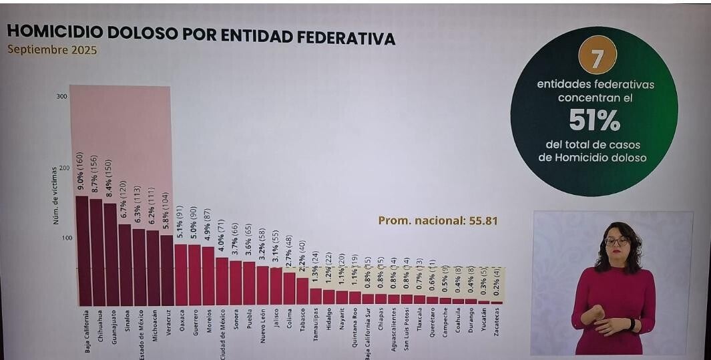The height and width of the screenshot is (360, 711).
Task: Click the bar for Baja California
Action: [83, 250]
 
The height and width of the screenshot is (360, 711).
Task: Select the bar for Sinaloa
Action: [125, 264]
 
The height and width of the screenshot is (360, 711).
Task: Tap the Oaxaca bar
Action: [180, 274]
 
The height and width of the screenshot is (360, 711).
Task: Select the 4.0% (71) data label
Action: [221, 237]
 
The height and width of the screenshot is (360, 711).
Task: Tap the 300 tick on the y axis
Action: [61, 98]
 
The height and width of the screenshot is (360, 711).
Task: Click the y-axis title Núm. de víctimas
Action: [57, 196]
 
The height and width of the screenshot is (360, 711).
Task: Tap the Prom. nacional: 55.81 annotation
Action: [438, 220]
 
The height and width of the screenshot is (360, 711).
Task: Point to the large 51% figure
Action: [594, 121]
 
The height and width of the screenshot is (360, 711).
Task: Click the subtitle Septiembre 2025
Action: [52, 51]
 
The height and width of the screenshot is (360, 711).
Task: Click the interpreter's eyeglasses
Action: [616, 241]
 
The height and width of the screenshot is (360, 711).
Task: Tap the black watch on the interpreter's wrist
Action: [632, 324]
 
